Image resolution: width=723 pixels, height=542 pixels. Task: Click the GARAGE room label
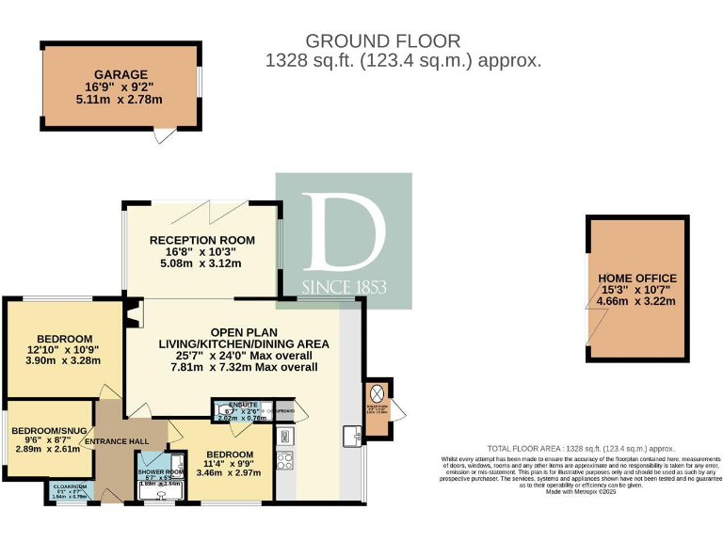click(x=120, y=74)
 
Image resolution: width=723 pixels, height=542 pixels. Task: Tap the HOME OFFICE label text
click(x=637, y=279)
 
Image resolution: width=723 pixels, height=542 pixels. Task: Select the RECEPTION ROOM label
click(x=202, y=240)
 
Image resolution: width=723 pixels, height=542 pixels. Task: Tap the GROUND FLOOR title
click(x=383, y=41)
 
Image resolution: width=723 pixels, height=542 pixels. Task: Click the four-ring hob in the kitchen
click(x=284, y=462)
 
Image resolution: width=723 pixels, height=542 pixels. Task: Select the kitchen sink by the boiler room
click(x=352, y=436)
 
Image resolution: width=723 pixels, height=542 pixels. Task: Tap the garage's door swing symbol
click(x=166, y=136)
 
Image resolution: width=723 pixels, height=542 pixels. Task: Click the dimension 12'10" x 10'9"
click(x=65, y=350)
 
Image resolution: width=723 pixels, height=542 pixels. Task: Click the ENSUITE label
click(x=232, y=404)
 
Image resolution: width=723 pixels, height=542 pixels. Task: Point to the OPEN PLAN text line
click(x=243, y=331)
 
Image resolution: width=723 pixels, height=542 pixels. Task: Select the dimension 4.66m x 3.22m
click(x=637, y=301)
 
